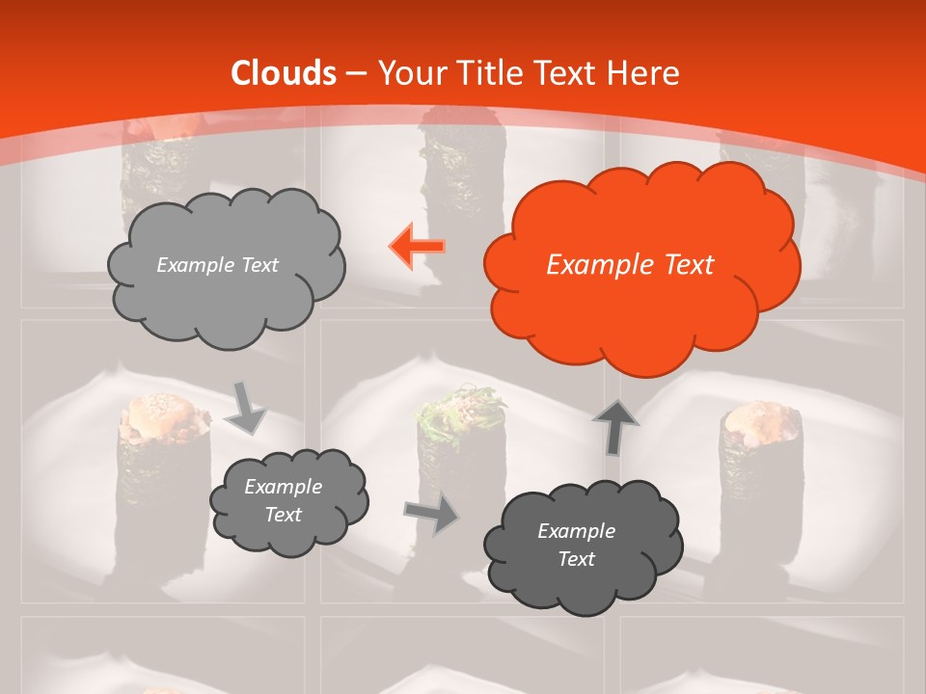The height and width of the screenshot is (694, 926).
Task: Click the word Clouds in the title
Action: pyautogui.click(x=284, y=73)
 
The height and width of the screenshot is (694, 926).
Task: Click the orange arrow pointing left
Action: pyautogui.click(x=417, y=247)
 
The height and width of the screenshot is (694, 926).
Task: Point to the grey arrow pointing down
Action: pyautogui.click(x=247, y=406)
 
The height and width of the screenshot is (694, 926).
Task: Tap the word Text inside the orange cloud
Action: pyautogui.click(x=689, y=265)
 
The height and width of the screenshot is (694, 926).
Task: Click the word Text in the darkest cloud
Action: pyautogui.click(x=576, y=559)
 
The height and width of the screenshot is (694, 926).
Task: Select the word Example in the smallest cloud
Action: pyautogui.click(x=283, y=487)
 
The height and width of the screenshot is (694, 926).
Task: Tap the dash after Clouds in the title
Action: pyautogui.click(x=356, y=73)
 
